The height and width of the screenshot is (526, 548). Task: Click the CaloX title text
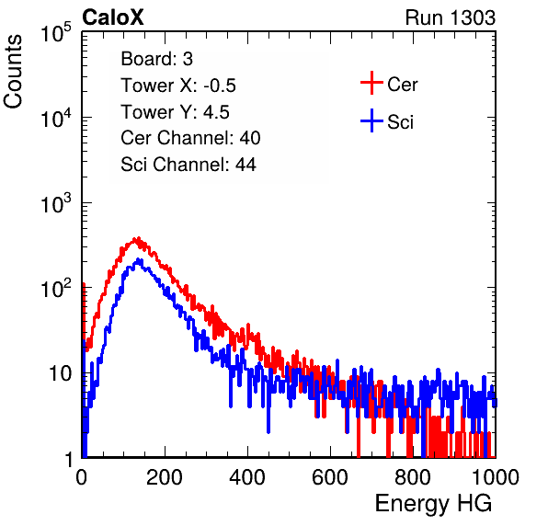click(113, 17)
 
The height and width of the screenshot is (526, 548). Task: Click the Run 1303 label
click(451, 17)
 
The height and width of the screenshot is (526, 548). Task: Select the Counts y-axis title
click(13, 71)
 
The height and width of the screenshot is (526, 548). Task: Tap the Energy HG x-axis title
click(433, 503)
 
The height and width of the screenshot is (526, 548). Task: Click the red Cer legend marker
click(371, 83)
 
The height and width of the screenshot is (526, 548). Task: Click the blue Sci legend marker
click(371, 120)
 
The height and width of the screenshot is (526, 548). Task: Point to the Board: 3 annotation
click(156, 59)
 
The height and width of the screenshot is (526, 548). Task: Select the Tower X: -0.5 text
click(178, 86)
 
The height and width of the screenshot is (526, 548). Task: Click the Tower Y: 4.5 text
click(175, 112)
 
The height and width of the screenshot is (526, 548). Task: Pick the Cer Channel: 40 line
click(190, 138)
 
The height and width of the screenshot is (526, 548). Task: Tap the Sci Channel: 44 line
click(188, 165)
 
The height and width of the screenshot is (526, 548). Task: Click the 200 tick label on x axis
click(165, 477)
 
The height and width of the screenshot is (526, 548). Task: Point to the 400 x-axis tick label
click(247, 477)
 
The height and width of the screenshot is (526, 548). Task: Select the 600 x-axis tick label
click(330, 477)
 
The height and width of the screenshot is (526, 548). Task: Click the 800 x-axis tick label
click(413, 477)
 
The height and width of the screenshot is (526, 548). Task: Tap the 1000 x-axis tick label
click(496, 477)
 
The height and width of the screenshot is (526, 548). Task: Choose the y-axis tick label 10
click(60, 373)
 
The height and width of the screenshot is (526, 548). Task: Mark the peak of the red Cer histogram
click(138, 238)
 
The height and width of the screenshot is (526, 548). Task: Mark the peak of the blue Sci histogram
click(139, 260)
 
